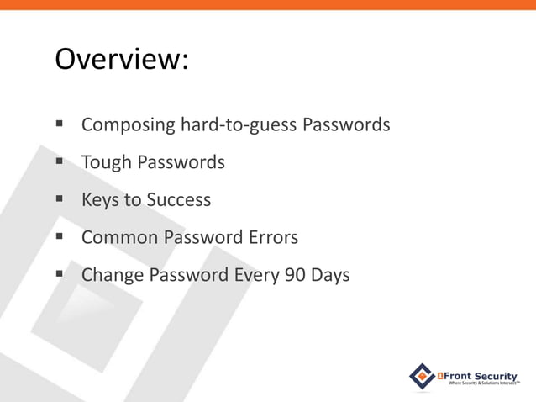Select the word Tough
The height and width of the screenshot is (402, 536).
pyautogui.click(x=106, y=162)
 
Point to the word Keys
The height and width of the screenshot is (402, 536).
pyautogui.click(x=101, y=200)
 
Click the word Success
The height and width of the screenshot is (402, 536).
pyautogui.click(x=179, y=200)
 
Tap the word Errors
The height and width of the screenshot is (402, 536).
pyautogui.click(x=272, y=238)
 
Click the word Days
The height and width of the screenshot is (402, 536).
pyautogui.click(x=329, y=276)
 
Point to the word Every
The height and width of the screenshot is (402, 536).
pyautogui.click(x=255, y=276)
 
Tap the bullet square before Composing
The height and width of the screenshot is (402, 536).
pyautogui.click(x=60, y=125)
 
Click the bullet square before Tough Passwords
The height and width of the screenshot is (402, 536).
pyautogui.click(x=60, y=162)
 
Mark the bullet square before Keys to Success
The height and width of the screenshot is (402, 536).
pyautogui.click(x=60, y=200)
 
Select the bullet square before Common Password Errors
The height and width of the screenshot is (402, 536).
pyautogui.click(x=60, y=238)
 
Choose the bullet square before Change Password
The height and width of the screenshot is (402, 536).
pyautogui.click(x=60, y=276)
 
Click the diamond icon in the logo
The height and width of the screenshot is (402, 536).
pyautogui.click(x=423, y=376)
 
